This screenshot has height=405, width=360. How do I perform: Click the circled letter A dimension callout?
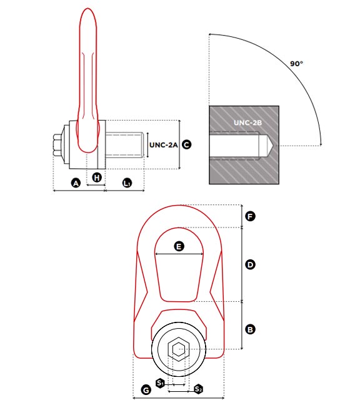pos(76,183)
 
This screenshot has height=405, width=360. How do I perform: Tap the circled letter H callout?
pos(97,177)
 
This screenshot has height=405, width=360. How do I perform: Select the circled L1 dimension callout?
pos(127,183)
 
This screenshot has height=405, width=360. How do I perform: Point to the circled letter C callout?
pos(187,144)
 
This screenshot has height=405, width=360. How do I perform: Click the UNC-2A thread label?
pos(164,145)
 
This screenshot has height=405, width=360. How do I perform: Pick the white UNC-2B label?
pos(247,122)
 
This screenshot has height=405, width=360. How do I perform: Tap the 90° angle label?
pos(296,64)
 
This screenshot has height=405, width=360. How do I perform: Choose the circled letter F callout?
pos(250,216)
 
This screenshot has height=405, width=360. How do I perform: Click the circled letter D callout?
pos(250,265)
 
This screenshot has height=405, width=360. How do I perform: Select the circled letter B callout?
pos(250,329)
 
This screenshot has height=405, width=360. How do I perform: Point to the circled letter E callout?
pos(179,246)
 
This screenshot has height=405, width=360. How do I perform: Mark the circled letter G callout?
pos(146,390)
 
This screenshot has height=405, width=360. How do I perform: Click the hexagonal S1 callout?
pos(161,383)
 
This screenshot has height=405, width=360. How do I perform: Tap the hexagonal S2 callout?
pos(198,389)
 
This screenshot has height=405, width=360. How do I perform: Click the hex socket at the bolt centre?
pos(179,349)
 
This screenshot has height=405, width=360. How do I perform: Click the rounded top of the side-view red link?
pos(87,16)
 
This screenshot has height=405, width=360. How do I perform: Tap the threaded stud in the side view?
pos(124,145)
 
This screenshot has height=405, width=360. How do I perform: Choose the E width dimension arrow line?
pos(179,254)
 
